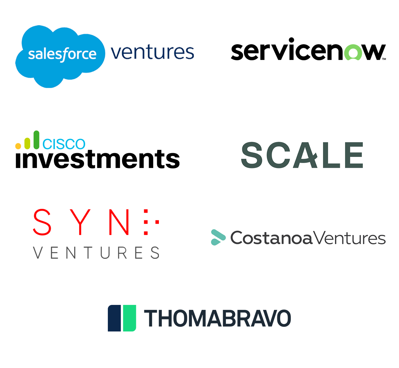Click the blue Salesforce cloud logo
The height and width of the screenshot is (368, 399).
(60, 55)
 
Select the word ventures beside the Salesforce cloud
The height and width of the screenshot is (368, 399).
(153, 52)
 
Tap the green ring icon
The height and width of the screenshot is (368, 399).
(353, 53)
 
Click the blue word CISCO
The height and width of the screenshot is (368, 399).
(64, 144)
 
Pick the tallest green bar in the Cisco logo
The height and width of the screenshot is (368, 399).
(36, 140)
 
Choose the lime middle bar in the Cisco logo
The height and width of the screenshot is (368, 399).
(27, 143)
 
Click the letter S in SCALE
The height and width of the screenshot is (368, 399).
(254, 155)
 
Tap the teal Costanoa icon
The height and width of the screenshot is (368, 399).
(218, 237)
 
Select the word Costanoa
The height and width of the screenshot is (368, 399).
(271, 238)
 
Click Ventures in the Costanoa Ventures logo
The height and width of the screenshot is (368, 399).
(349, 238)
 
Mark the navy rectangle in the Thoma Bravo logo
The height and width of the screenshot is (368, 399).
(114, 318)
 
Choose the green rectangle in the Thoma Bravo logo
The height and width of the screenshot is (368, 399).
(129, 318)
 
